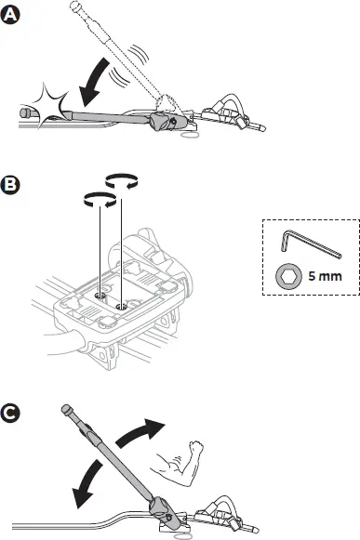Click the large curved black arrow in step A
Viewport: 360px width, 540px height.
click(x=96, y=85)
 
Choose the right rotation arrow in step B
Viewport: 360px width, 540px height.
click(x=123, y=180)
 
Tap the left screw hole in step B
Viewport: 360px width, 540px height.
click(x=100, y=295)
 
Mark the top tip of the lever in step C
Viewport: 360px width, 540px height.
click(x=66, y=408)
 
